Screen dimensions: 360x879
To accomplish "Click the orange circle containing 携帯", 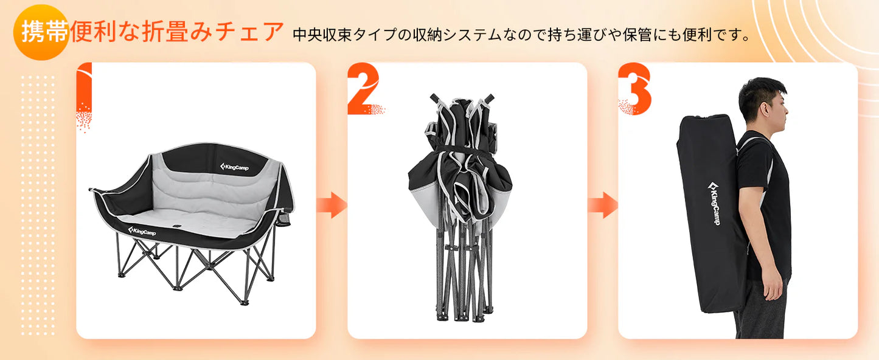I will [x=40, y=33].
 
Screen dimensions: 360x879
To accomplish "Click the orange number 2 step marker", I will [x=363, y=89].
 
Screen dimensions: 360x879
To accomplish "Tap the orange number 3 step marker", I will [x=634, y=89].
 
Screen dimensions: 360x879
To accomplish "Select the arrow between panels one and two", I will [x=332, y=205].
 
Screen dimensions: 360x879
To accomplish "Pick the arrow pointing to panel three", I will [x=603, y=205].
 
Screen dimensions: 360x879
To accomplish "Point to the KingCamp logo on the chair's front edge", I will [x=142, y=231].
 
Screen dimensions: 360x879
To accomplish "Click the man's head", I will [x=764, y=100].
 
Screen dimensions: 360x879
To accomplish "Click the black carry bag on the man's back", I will [x=712, y=213].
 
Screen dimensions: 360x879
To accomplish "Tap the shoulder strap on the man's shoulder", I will [x=754, y=142].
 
